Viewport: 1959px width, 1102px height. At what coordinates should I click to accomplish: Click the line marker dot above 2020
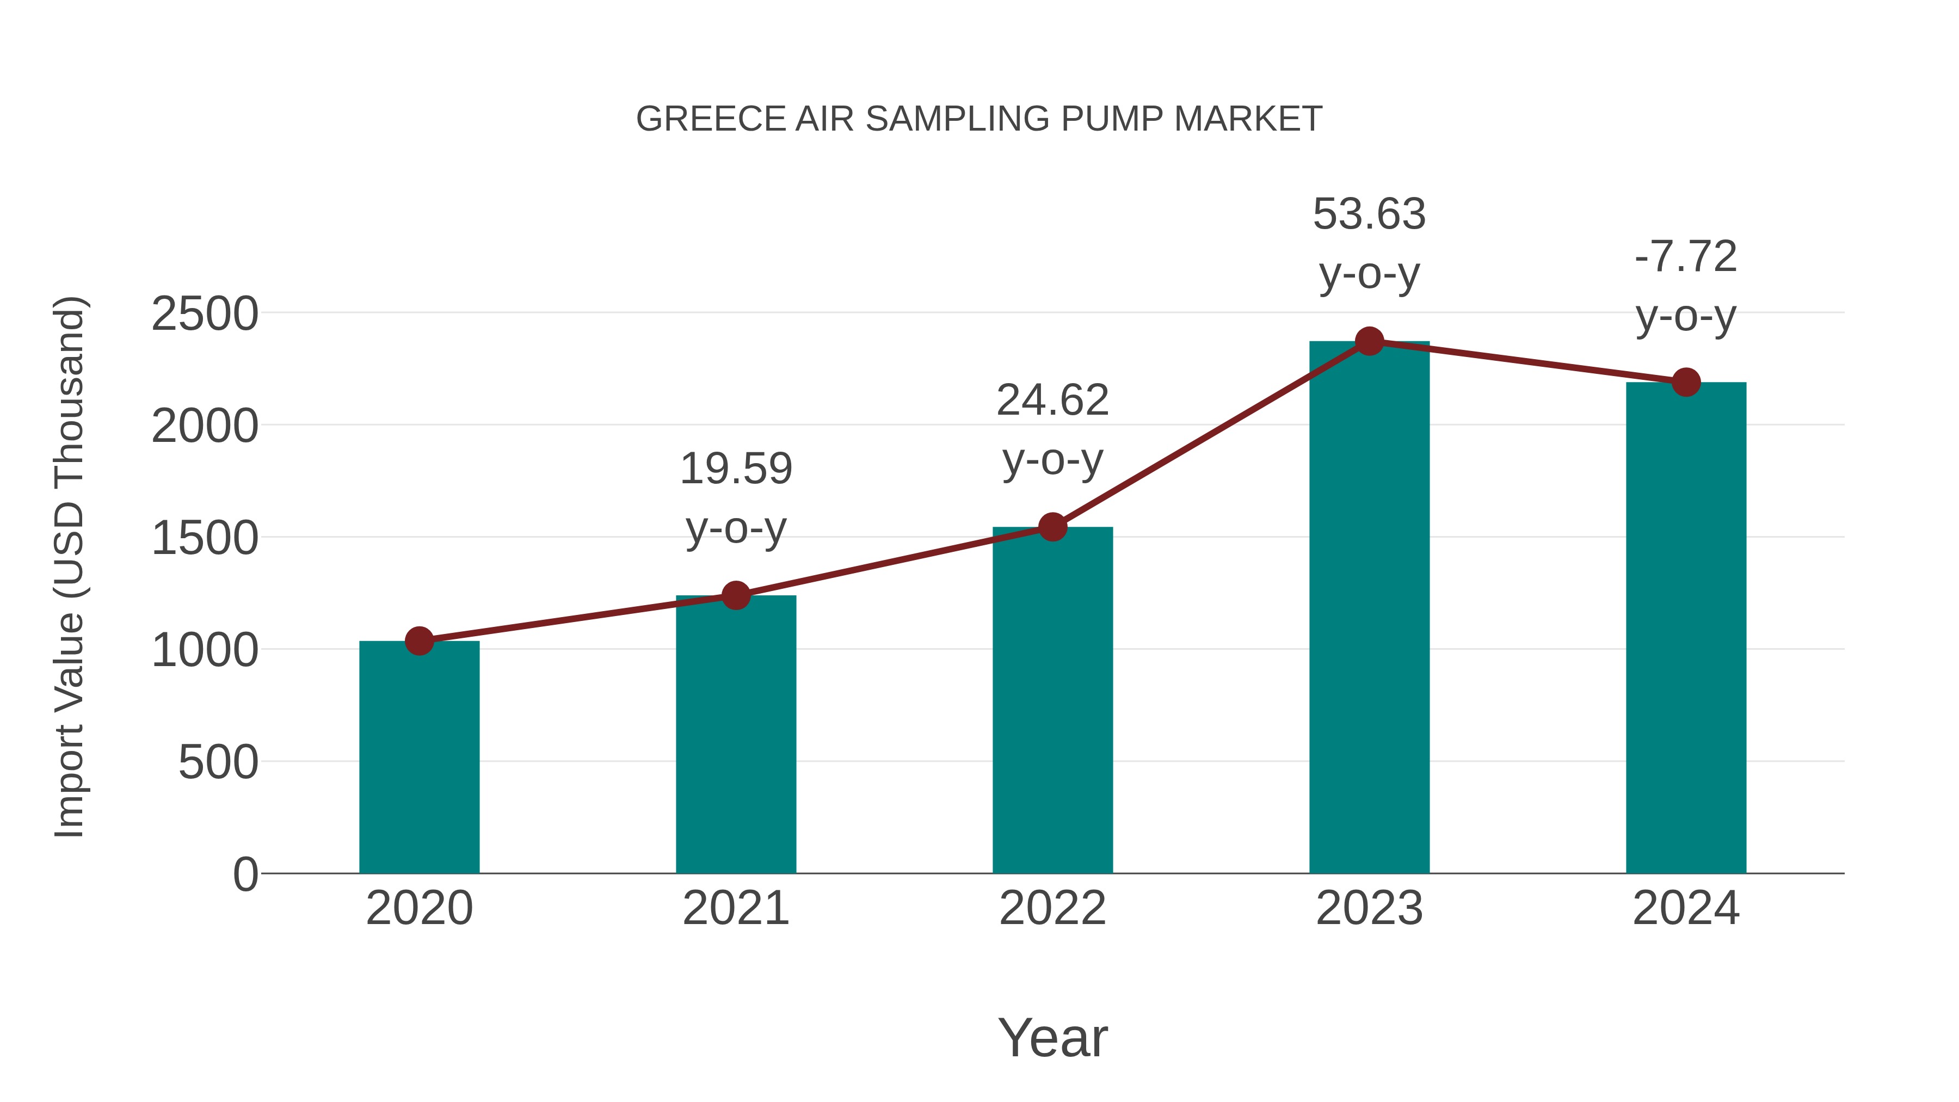[419, 641]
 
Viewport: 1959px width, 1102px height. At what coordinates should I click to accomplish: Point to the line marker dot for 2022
[1052, 526]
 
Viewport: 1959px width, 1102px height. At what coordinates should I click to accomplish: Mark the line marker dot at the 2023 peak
[1369, 341]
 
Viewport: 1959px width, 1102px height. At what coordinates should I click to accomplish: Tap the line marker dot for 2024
[1686, 382]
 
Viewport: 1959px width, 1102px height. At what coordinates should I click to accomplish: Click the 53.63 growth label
[1369, 214]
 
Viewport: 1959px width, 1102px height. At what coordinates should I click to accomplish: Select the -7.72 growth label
[1686, 257]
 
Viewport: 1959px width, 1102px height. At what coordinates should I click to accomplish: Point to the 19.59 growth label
[735, 469]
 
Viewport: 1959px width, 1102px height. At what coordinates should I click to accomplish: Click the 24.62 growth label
[1052, 400]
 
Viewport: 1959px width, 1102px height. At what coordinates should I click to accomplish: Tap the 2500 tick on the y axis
[205, 314]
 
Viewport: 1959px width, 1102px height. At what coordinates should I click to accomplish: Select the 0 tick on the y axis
[245, 875]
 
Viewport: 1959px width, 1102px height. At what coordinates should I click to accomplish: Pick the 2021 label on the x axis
[735, 908]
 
